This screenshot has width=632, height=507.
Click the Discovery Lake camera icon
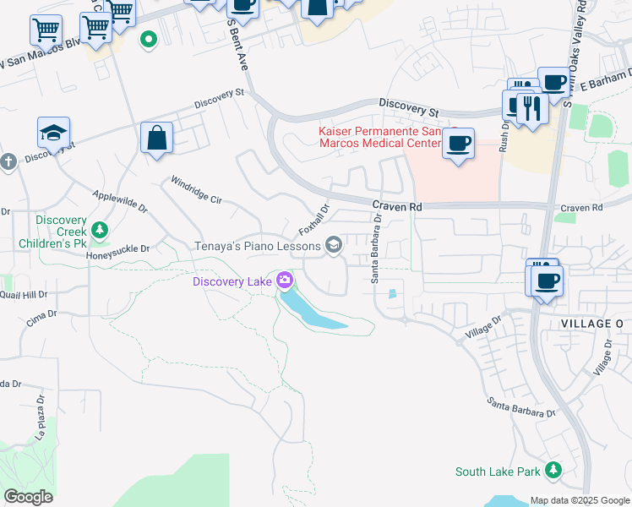pyautogui.click(x=286, y=280)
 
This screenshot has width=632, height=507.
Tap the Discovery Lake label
pyautogui.click(x=232, y=281)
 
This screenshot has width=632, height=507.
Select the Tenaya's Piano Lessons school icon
pyautogui.click(x=334, y=246)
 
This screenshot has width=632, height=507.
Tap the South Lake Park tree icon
pyautogui.click(x=553, y=470)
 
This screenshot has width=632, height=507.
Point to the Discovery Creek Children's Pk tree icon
pyautogui.click(x=100, y=230)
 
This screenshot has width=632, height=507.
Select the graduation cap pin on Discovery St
pyautogui.click(x=53, y=134)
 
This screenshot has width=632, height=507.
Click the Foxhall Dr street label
pyautogui.click(x=313, y=220)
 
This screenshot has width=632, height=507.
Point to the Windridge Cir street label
pyautogui.click(x=195, y=191)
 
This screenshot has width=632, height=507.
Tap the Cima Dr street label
pyautogui.click(x=41, y=313)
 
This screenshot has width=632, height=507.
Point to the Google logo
pyautogui.click(x=28, y=496)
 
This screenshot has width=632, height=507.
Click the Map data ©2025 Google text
pyautogui.click(x=580, y=499)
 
